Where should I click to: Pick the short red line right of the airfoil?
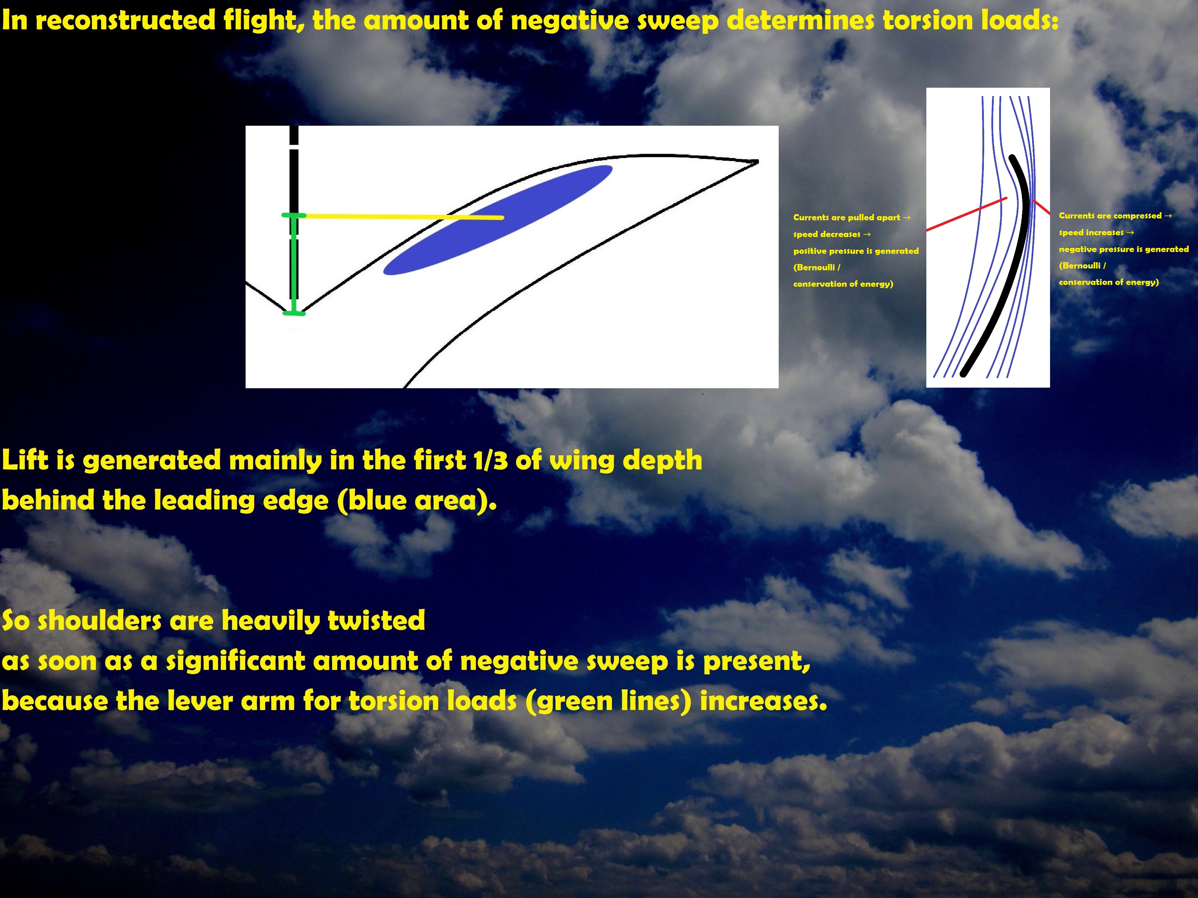point(1041,206)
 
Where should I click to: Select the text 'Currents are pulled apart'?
point(846,218)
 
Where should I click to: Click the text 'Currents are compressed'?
point(1110,216)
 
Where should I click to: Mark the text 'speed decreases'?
point(826,234)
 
